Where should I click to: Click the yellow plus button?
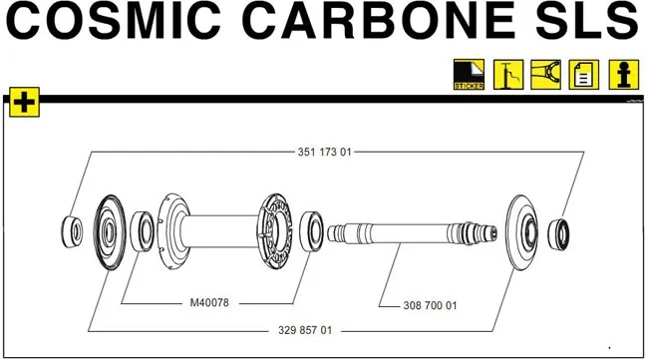tap(22, 102)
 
